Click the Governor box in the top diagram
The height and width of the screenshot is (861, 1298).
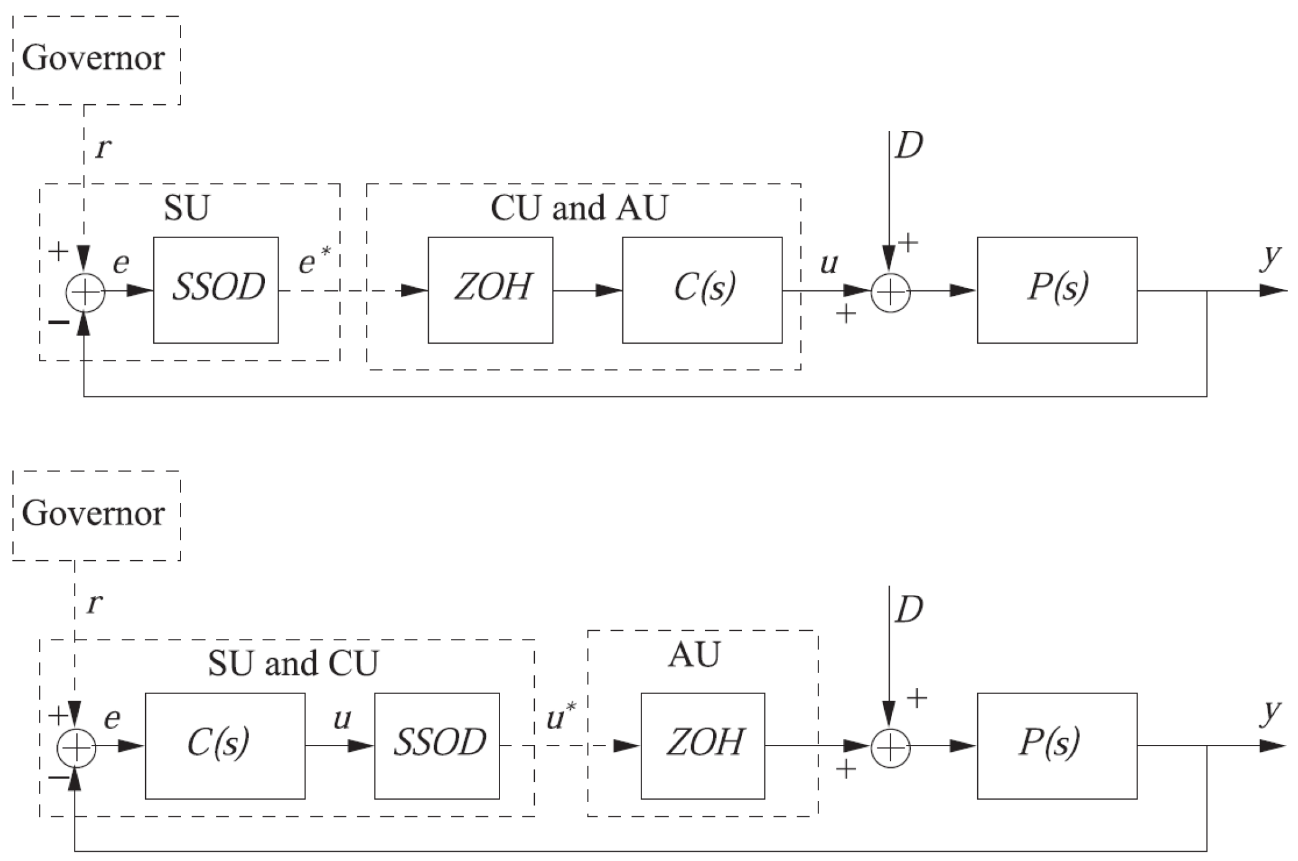click(x=96, y=60)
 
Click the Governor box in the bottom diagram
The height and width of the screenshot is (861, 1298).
click(x=96, y=515)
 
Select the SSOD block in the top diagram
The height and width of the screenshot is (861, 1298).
click(x=216, y=290)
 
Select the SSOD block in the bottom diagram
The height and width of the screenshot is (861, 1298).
click(x=437, y=745)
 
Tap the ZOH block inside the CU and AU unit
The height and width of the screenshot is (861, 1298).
click(x=490, y=290)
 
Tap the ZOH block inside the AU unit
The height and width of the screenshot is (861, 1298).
click(x=702, y=745)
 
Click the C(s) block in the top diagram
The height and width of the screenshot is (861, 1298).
click(x=702, y=290)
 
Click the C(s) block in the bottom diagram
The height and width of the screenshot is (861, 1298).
click(x=225, y=745)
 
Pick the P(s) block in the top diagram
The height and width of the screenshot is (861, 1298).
click(x=1057, y=290)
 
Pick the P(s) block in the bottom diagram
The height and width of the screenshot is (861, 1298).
click(x=1057, y=745)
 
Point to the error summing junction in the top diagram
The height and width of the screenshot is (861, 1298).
click(x=84, y=292)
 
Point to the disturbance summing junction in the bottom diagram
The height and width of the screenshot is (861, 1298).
click(x=890, y=747)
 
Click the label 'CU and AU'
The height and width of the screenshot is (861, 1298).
click(x=578, y=208)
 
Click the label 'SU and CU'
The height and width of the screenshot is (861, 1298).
click(x=293, y=663)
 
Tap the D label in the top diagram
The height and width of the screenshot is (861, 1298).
click(x=908, y=146)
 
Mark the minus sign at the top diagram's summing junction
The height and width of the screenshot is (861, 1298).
click(x=59, y=322)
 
